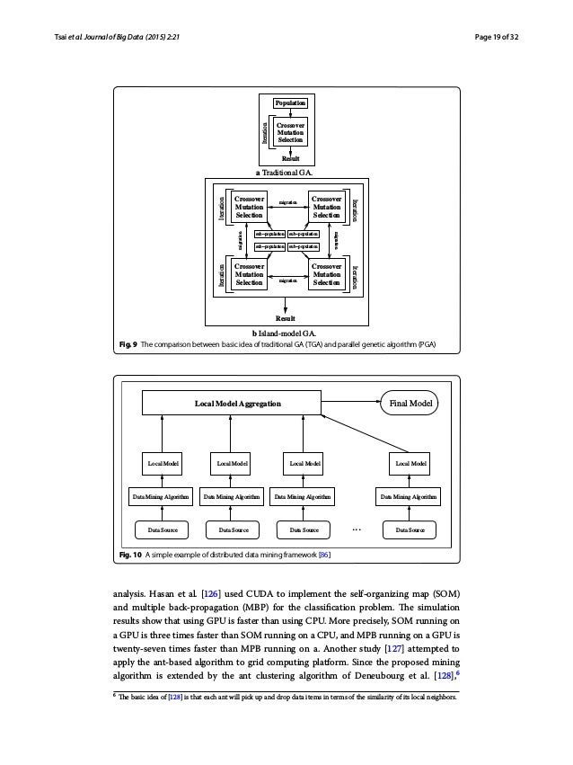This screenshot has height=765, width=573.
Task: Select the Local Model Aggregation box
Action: (x=232, y=404)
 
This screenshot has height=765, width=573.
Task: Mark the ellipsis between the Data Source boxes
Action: (x=356, y=530)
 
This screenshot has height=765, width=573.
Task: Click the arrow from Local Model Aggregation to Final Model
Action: (x=351, y=404)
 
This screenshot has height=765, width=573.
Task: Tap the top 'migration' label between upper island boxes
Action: (x=286, y=204)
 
